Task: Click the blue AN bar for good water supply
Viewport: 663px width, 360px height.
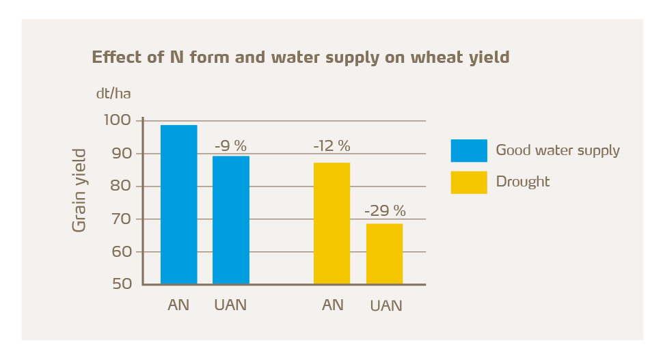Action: (178, 204)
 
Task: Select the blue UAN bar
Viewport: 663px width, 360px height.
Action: (231, 220)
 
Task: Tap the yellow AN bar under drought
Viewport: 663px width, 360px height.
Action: (331, 223)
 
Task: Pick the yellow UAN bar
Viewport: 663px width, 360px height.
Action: (384, 253)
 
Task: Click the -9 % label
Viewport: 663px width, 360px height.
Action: (230, 146)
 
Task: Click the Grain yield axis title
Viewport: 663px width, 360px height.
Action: (80, 190)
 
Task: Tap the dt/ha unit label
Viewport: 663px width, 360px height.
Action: (113, 94)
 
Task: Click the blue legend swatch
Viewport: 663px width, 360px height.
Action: (469, 150)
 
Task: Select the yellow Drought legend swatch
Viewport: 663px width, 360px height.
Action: (469, 182)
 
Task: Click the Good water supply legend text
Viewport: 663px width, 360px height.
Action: (558, 150)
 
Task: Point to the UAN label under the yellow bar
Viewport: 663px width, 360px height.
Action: (385, 305)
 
